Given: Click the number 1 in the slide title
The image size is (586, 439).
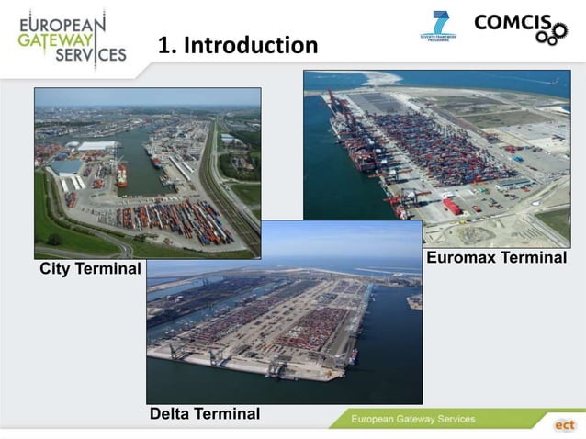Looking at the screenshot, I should [165, 45].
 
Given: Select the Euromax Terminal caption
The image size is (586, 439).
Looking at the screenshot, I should [496, 258].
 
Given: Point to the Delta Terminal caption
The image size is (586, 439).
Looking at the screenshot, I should [205, 414].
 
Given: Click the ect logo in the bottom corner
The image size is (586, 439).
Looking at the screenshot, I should [564, 425].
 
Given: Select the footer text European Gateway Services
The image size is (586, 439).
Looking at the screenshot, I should [413, 420].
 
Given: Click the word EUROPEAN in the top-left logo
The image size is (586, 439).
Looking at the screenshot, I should [62, 19].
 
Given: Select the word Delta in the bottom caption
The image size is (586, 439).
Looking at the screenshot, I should [172, 414].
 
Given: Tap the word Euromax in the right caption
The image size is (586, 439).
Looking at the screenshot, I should [461, 258].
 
